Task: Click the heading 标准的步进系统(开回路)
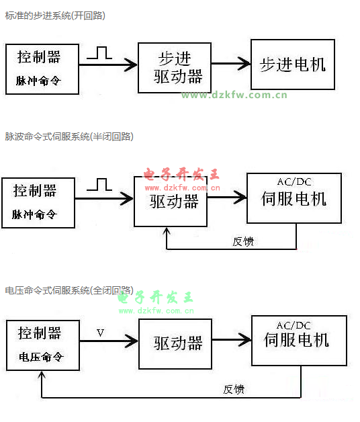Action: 55,15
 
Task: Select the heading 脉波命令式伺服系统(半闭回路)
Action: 69,136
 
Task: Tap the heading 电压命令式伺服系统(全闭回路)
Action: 69,290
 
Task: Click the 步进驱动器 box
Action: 175,68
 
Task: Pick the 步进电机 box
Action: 293,65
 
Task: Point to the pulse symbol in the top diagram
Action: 99,53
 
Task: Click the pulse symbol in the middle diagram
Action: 99,185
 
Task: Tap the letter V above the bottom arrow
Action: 100,333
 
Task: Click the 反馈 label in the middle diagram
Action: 243,241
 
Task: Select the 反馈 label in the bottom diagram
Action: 234,390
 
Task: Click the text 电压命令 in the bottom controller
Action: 41,357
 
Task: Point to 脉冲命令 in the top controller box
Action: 38,81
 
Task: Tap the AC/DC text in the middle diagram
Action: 294,182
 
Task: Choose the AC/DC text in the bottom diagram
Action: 294,326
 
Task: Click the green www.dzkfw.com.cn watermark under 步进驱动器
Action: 234,95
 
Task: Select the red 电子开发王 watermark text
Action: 181,174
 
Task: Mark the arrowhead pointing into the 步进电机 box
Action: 244,64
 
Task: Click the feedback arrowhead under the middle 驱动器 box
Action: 167,231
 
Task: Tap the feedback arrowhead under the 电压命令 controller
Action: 42,375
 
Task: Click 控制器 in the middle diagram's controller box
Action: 35,191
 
